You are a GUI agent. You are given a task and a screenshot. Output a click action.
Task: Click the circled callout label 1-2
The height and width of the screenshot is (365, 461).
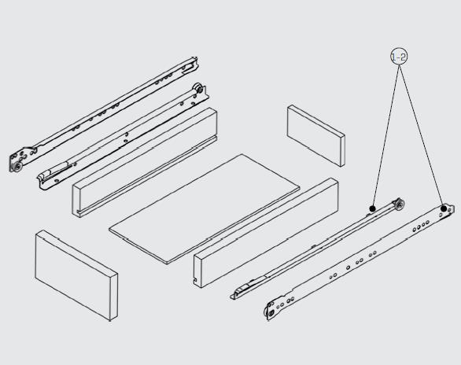pos(399,57)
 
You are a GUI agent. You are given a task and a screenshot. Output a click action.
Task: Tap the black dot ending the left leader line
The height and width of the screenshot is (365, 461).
pos(372,208)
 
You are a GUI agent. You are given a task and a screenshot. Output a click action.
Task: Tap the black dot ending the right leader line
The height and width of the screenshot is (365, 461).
pos(444,208)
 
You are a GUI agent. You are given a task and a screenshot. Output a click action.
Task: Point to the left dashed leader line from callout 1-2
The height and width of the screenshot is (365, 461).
pos(385,135)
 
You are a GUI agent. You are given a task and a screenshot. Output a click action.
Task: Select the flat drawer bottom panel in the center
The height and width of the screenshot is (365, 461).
pos(205,208)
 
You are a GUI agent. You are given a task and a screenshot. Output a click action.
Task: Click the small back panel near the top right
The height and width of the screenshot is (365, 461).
pos(315,135)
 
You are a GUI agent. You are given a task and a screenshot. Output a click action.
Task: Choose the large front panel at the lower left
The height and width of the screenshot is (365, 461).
pos(76,275)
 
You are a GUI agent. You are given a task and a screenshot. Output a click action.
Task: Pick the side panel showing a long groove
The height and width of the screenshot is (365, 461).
pos(144,162)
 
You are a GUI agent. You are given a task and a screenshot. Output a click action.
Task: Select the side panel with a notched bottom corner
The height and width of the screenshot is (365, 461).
pos(266,233)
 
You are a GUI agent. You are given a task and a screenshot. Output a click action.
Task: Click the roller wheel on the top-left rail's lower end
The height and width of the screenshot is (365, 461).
pos(17,167)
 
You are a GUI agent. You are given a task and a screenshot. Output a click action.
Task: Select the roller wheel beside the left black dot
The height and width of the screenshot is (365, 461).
pos(399,204)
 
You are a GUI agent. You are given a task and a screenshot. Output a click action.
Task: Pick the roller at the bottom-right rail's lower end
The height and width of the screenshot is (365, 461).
pos(270,313)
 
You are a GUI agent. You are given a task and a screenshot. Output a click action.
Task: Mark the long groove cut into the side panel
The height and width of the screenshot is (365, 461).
pos(146,175)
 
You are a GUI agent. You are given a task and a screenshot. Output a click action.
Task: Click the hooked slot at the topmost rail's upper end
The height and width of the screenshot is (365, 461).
pos(189,68)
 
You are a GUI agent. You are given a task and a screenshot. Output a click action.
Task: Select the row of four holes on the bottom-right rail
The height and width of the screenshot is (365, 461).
pos(420,227)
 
